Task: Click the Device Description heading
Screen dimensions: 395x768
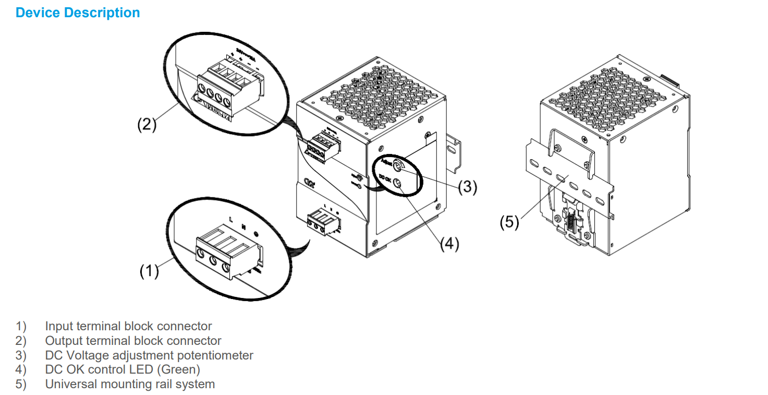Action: pos(78,13)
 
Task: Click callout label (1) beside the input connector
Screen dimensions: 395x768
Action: pos(149,271)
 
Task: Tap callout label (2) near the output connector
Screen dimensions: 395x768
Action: pos(147,125)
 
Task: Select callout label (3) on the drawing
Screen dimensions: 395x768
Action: pos(468,187)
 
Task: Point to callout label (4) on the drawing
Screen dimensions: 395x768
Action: pos(449,244)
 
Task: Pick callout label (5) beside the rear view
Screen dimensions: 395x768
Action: pos(509,222)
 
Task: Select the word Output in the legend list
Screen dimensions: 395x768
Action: pos(63,341)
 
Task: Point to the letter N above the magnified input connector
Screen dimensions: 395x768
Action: pos(243,228)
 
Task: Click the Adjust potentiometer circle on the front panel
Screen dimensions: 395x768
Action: pos(397,167)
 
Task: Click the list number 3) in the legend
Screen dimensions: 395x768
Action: pos(21,356)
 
